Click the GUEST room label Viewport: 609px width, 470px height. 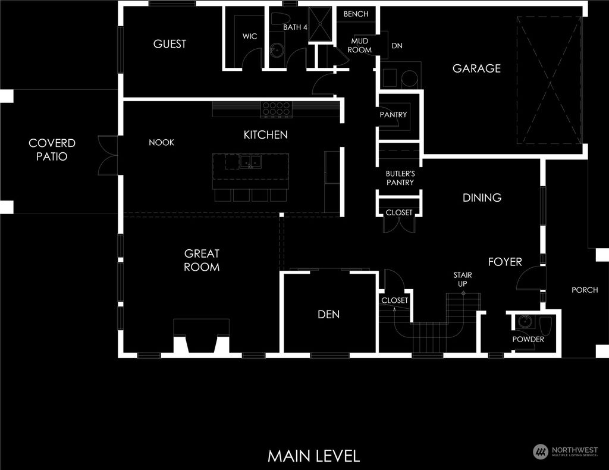pyautogui.click(x=169, y=44)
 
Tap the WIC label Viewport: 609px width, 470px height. pyautogui.click(x=250, y=36)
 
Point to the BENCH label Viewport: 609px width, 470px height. pyautogui.click(x=356, y=14)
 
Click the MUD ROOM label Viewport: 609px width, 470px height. pyautogui.click(x=360, y=46)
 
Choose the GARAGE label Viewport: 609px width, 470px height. pyautogui.click(x=476, y=68)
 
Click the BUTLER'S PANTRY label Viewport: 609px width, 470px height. pyautogui.click(x=400, y=178)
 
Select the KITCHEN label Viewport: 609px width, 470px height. pyautogui.click(x=265, y=135)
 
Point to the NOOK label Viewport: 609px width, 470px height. pyautogui.click(x=161, y=143)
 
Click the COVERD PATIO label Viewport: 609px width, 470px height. pyautogui.click(x=52, y=150)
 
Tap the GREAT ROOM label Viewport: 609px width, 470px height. pyautogui.click(x=202, y=261)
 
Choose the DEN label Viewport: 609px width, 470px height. pyautogui.click(x=328, y=314)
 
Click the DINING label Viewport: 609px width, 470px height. pyautogui.click(x=482, y=198)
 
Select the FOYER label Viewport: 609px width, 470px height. pyautogui.click(x=505, y=262)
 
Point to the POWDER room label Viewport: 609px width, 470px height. pyautogui.click(x=528, y=340)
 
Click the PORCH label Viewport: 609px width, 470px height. pyautogui.click(x=585, y=290)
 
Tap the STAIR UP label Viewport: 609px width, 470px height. pyautogui.click(x=462, y=280)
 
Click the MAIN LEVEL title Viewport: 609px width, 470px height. pyautogui.click(x=313, y=456)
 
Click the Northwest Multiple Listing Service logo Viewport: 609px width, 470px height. pyautogui.click(x=566, y=452)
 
